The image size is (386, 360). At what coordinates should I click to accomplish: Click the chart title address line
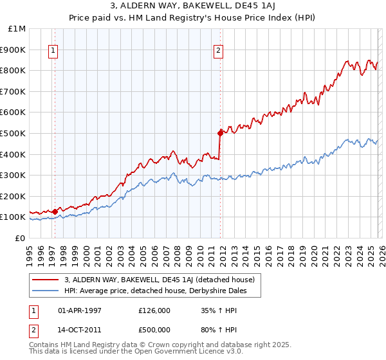pyautogui.click(x=193, y=7)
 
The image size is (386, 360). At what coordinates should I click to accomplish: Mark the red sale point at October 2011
pyautogui.click(x=220, y=133)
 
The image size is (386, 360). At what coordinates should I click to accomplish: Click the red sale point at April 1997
pyautogui.click(x=55, y=211)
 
